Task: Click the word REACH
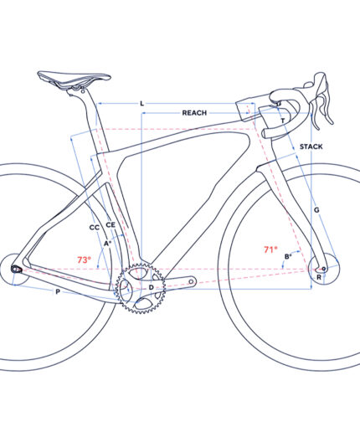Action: point(194,113)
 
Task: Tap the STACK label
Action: point(311,147)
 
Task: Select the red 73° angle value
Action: point(84,260)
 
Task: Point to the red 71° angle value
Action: point(270,249)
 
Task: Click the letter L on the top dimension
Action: point(142,104)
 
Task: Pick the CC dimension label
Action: point(95,228)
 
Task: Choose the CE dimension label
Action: point(111,224)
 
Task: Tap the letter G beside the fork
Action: point(316,210)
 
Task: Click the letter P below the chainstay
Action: point(58,292)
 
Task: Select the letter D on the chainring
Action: point(151,287)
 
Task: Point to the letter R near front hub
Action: point(319,277)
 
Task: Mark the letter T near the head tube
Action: point(283,121)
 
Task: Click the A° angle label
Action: point(108,244)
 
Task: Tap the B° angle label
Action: point(288,256)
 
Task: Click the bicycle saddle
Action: point(74,77)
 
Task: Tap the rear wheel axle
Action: point(14,270)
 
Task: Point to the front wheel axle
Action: point(324,269)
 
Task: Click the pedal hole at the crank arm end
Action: point(191,282)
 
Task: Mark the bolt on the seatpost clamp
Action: point(82,91)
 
